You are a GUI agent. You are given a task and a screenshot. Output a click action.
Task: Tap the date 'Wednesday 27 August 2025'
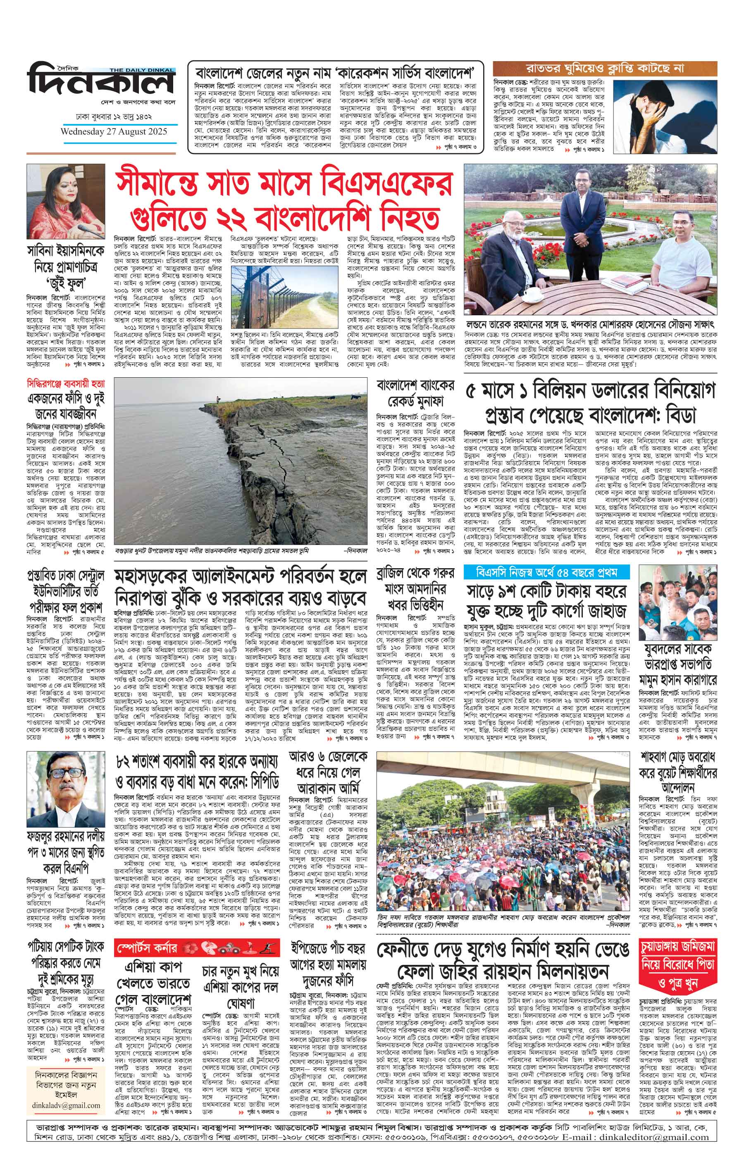[x=114, y=131]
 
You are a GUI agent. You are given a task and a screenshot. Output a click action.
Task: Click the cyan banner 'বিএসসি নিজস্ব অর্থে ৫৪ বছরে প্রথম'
[x=546, y=572]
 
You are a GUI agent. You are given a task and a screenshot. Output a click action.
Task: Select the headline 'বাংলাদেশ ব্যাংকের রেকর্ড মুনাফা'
[x=415, y=393]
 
